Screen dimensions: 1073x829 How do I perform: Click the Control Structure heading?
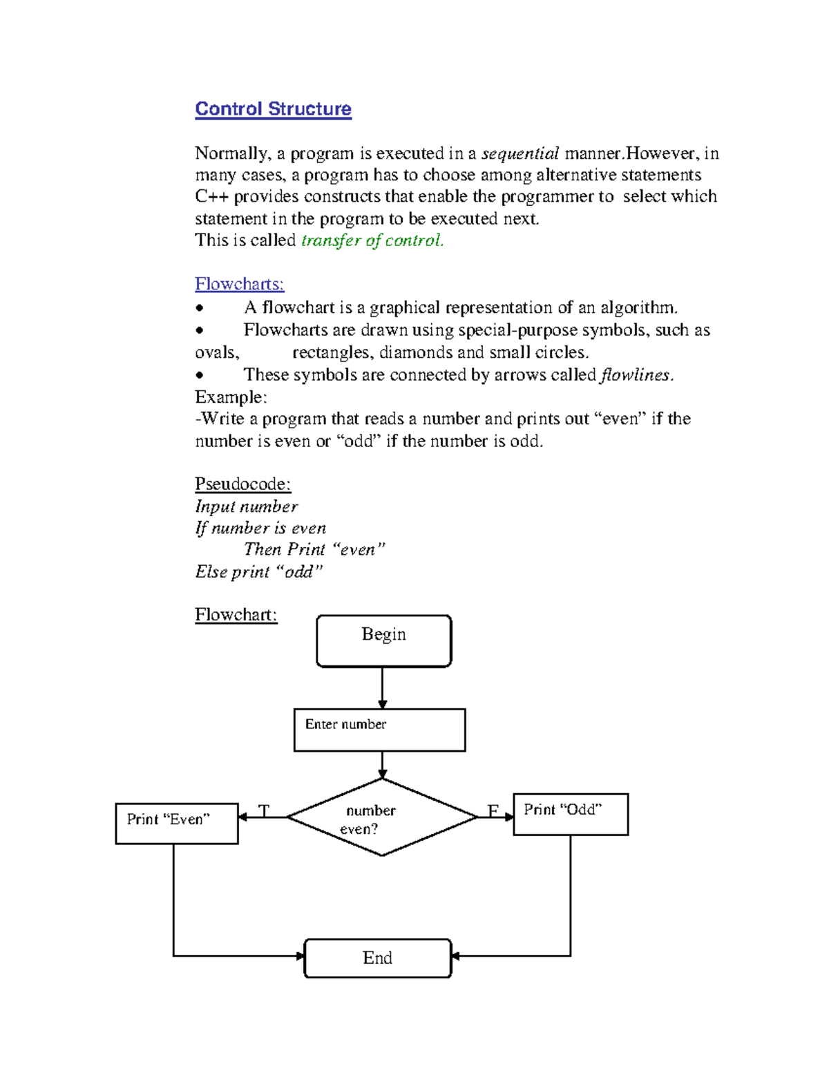pyautogui.click(x=273, y=109)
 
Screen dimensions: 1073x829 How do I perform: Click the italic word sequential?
pyautogui.click(x=520, y=153)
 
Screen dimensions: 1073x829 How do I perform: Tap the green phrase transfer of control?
pyautogui.click(x=372, y=240)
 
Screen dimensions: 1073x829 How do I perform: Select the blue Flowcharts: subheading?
pyautogui.click(x=239, y=284)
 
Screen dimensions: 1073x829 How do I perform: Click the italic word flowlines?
pyautogui.click(x=636, y=375)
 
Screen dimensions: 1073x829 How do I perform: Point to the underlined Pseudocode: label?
pyautogui.click(x=242, y=484)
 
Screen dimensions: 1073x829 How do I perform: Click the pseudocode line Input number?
pyautogui.click(x=246, y=506)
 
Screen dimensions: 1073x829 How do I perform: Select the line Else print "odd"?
pyautogui.click(x=258, y=572)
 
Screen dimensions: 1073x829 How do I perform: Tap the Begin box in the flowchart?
pyautogui.click(x=383, y=641)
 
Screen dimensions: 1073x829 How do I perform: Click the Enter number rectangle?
pyautogui.click(x=379, y=730)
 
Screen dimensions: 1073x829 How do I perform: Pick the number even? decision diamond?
pyautogui.click(x=382, y=817)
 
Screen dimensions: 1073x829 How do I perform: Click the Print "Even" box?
pyautogui.click(x=177, y=823)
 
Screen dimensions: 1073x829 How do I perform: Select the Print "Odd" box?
pyautogui.click(x=571, y=815)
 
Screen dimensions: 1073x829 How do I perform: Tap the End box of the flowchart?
pyautogui.click(x=378, y=958)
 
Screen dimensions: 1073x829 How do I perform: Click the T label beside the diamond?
pyautogui.click(x=263, y=810)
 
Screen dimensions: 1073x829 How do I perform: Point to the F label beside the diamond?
pyautogui.click(x=493, y=810)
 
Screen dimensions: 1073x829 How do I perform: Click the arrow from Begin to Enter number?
pyautogui.click(x=382, y=688)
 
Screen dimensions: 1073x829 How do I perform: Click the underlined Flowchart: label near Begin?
pyautogui.click(x=236, y=615)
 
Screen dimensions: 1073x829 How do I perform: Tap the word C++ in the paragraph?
pyautogui.click(x=211, y=197)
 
